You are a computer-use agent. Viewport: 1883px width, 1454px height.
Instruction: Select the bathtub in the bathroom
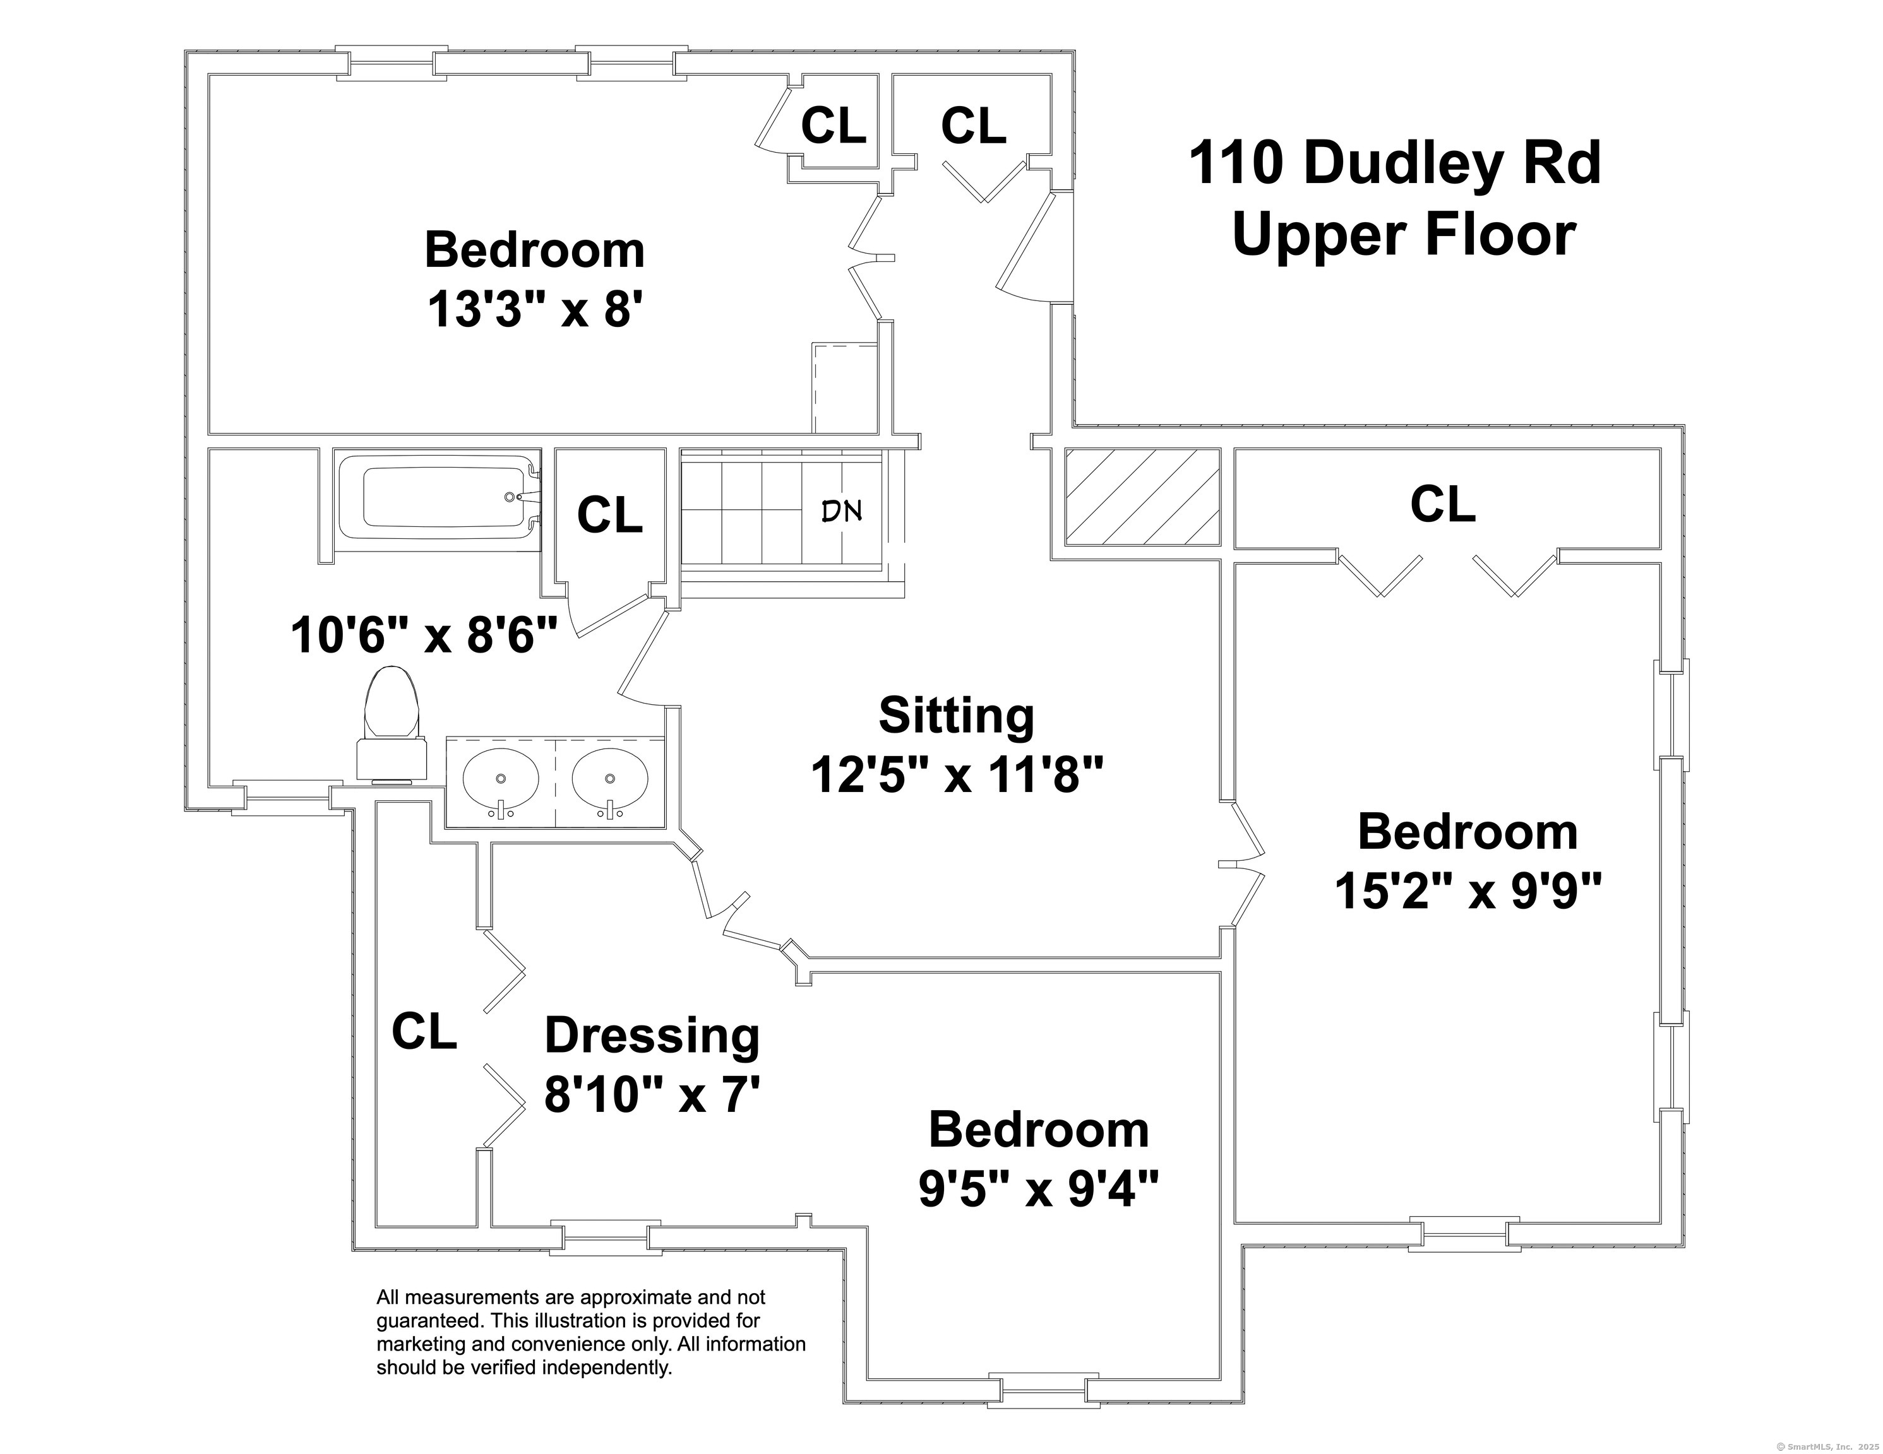pyautogui.click(x=438, y=498)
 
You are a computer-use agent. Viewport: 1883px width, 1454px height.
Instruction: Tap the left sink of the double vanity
pyautogui.click(x=501, y=779)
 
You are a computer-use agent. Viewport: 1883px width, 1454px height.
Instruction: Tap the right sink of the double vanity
pyautogui.click(x=609, y=779)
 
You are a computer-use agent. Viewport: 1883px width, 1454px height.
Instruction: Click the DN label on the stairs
pyautogui.click(x=840, y=512)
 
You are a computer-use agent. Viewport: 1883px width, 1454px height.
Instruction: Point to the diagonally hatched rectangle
pyautogui.click(x=1142, y=497)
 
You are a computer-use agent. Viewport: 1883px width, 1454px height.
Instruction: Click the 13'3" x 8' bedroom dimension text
pyautogui.click(x=535, y=309)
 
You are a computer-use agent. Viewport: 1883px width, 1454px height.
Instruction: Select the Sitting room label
pyautogui.click(x=956, y=716)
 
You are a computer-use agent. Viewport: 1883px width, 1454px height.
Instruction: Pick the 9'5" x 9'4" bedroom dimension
pyautogui.click(x=1038, y=1190)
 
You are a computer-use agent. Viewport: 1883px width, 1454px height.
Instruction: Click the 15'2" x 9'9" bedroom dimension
pyautogui.click(x=1468, y=891)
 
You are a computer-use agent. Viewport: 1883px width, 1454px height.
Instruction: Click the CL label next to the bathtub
pyautogui.click(x=609, y=516)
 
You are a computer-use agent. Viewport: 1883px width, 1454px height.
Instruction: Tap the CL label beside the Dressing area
pyautogui.click(x=423, y=1032)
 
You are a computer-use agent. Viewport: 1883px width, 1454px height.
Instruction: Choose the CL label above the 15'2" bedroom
pyautogui.click(x=1442, y=505)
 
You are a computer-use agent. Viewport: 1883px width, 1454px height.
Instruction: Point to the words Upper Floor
pyautogui.click(x=1404, y=234)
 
